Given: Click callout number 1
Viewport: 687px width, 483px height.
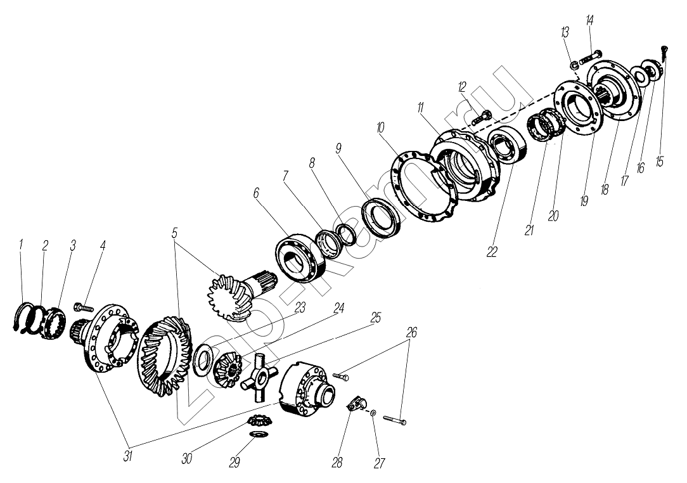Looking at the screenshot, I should tap(21, 243).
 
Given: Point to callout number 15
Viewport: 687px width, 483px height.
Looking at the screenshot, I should tap(660, 162).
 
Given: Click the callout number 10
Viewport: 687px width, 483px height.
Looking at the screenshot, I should tap(381, 128).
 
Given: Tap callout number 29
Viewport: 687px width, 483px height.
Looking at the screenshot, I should tap(234, 462).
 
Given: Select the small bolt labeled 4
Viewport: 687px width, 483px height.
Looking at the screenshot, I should tap(83, 307).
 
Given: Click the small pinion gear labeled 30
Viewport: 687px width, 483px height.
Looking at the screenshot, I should tap(257, 420).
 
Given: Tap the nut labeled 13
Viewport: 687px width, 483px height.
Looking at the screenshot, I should tap(572, 63).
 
